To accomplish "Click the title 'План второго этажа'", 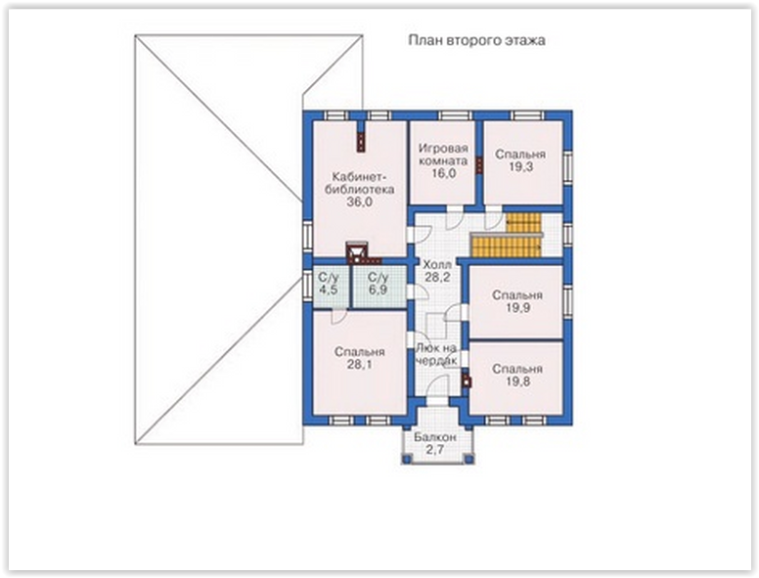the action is click(476, 40).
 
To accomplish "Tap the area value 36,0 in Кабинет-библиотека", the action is click(359, 202).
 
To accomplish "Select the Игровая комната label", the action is click(443, 155).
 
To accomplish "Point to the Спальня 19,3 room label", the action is click(519, 160).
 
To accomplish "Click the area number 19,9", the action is click(517, 308).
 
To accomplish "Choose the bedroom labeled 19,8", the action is click(517, 376).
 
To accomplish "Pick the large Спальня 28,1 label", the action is click(359, 358).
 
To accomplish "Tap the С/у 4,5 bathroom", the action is click(329, 284).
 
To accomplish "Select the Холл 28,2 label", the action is click(437, 271).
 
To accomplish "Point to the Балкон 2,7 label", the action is click(434, 443).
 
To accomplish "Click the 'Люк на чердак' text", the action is click(436, 354).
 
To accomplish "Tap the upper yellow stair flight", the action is click(523, 223).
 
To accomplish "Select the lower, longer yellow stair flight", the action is click(507, 245).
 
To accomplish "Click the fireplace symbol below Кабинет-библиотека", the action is click(357, 251).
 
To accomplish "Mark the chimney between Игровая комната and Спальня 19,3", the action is click(478, 165).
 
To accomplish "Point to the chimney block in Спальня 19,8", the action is click(467, 380).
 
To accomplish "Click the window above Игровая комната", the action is click(455, 115).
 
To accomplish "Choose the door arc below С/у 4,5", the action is click(338, 316).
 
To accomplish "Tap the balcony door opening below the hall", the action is click(436, 401).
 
